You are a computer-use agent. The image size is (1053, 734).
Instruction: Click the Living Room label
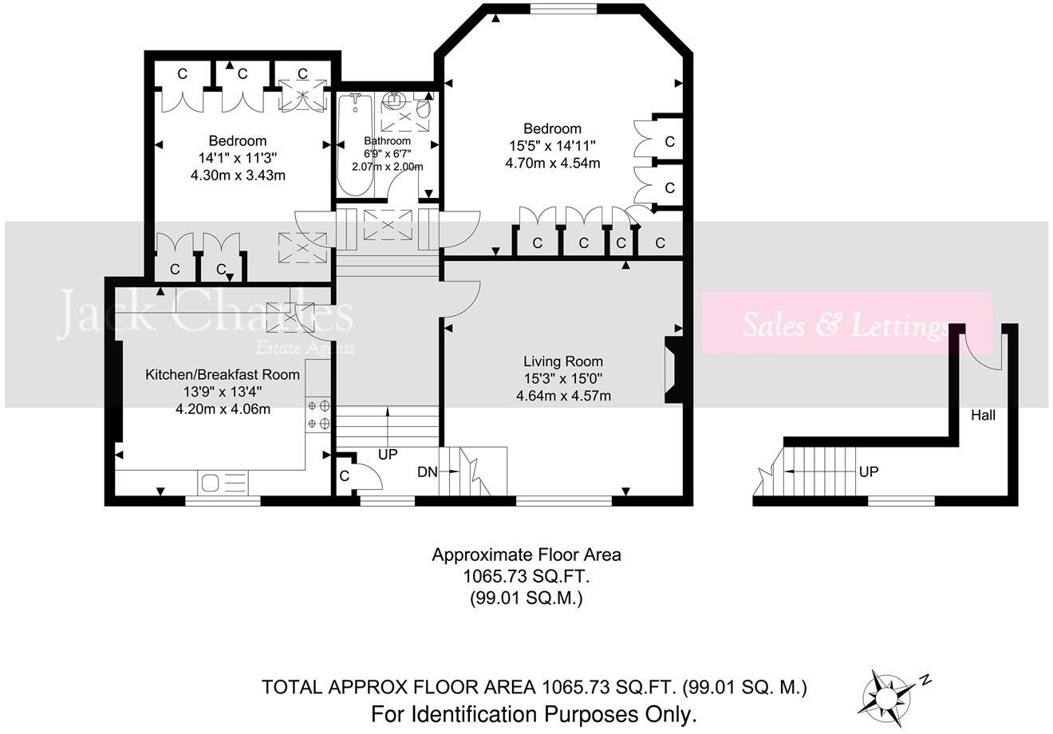[562, 361]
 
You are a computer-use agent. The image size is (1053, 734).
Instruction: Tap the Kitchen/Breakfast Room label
[223, 374]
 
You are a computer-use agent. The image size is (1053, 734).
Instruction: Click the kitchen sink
[223, 483]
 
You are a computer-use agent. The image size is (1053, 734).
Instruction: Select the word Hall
[983, 415]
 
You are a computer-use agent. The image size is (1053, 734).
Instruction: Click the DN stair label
[427, 472]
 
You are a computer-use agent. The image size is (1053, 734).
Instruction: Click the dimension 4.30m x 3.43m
[238, 175]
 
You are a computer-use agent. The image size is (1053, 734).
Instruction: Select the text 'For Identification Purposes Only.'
[534, 712]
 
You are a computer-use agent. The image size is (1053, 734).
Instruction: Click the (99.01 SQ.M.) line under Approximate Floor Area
[526, 597]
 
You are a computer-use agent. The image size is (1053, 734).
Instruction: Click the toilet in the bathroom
[423, 109]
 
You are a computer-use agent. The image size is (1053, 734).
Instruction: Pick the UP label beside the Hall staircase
[869, 472]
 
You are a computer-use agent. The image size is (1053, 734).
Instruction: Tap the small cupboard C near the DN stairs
[345, 476]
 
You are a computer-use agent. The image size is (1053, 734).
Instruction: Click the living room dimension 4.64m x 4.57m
[563, 395]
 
